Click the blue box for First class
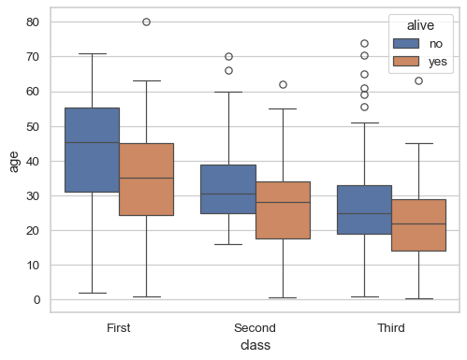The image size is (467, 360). pyautogui.click(x=92, y=150)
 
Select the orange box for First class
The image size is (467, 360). pyautogui.click(x=146, y=179)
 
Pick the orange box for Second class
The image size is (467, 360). pyautogui.click(x=283, y=210)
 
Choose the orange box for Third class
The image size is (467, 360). pyautogui.click(x=418, y=224)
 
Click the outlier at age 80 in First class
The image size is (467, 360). pyautogui.click(x=146, y=22)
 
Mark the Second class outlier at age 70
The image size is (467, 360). pyautogui.click(x=228, y=56)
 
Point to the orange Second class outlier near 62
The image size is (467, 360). pyautogui.click(x=283, y=84)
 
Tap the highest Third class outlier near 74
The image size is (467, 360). pyautogui.click(x=364, y=43)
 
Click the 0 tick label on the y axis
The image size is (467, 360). pyautogui.click(x=37, y=300)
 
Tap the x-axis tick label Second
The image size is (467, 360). pyautogui.click(x=255, y=328)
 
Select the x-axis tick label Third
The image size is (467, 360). pyautogui.click(x=391, y=328)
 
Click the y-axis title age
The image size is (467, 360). pyautogui.click(x=13, y=161)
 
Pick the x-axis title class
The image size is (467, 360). pyautogui.click(x=255, y=346)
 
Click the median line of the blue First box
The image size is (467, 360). pyautogui.click(x=92, y=143)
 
